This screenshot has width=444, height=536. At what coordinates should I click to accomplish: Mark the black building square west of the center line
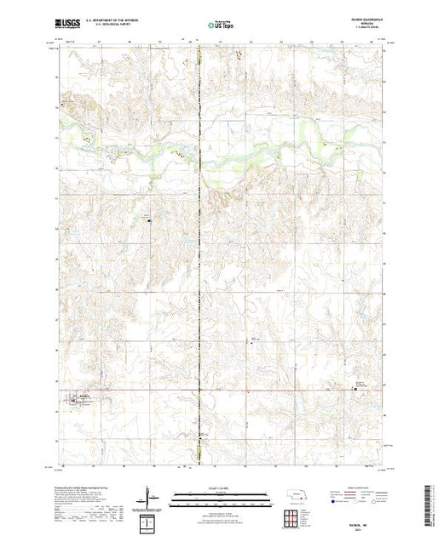[151, 222]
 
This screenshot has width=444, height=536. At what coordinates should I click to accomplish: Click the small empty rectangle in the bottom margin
[149, 521]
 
